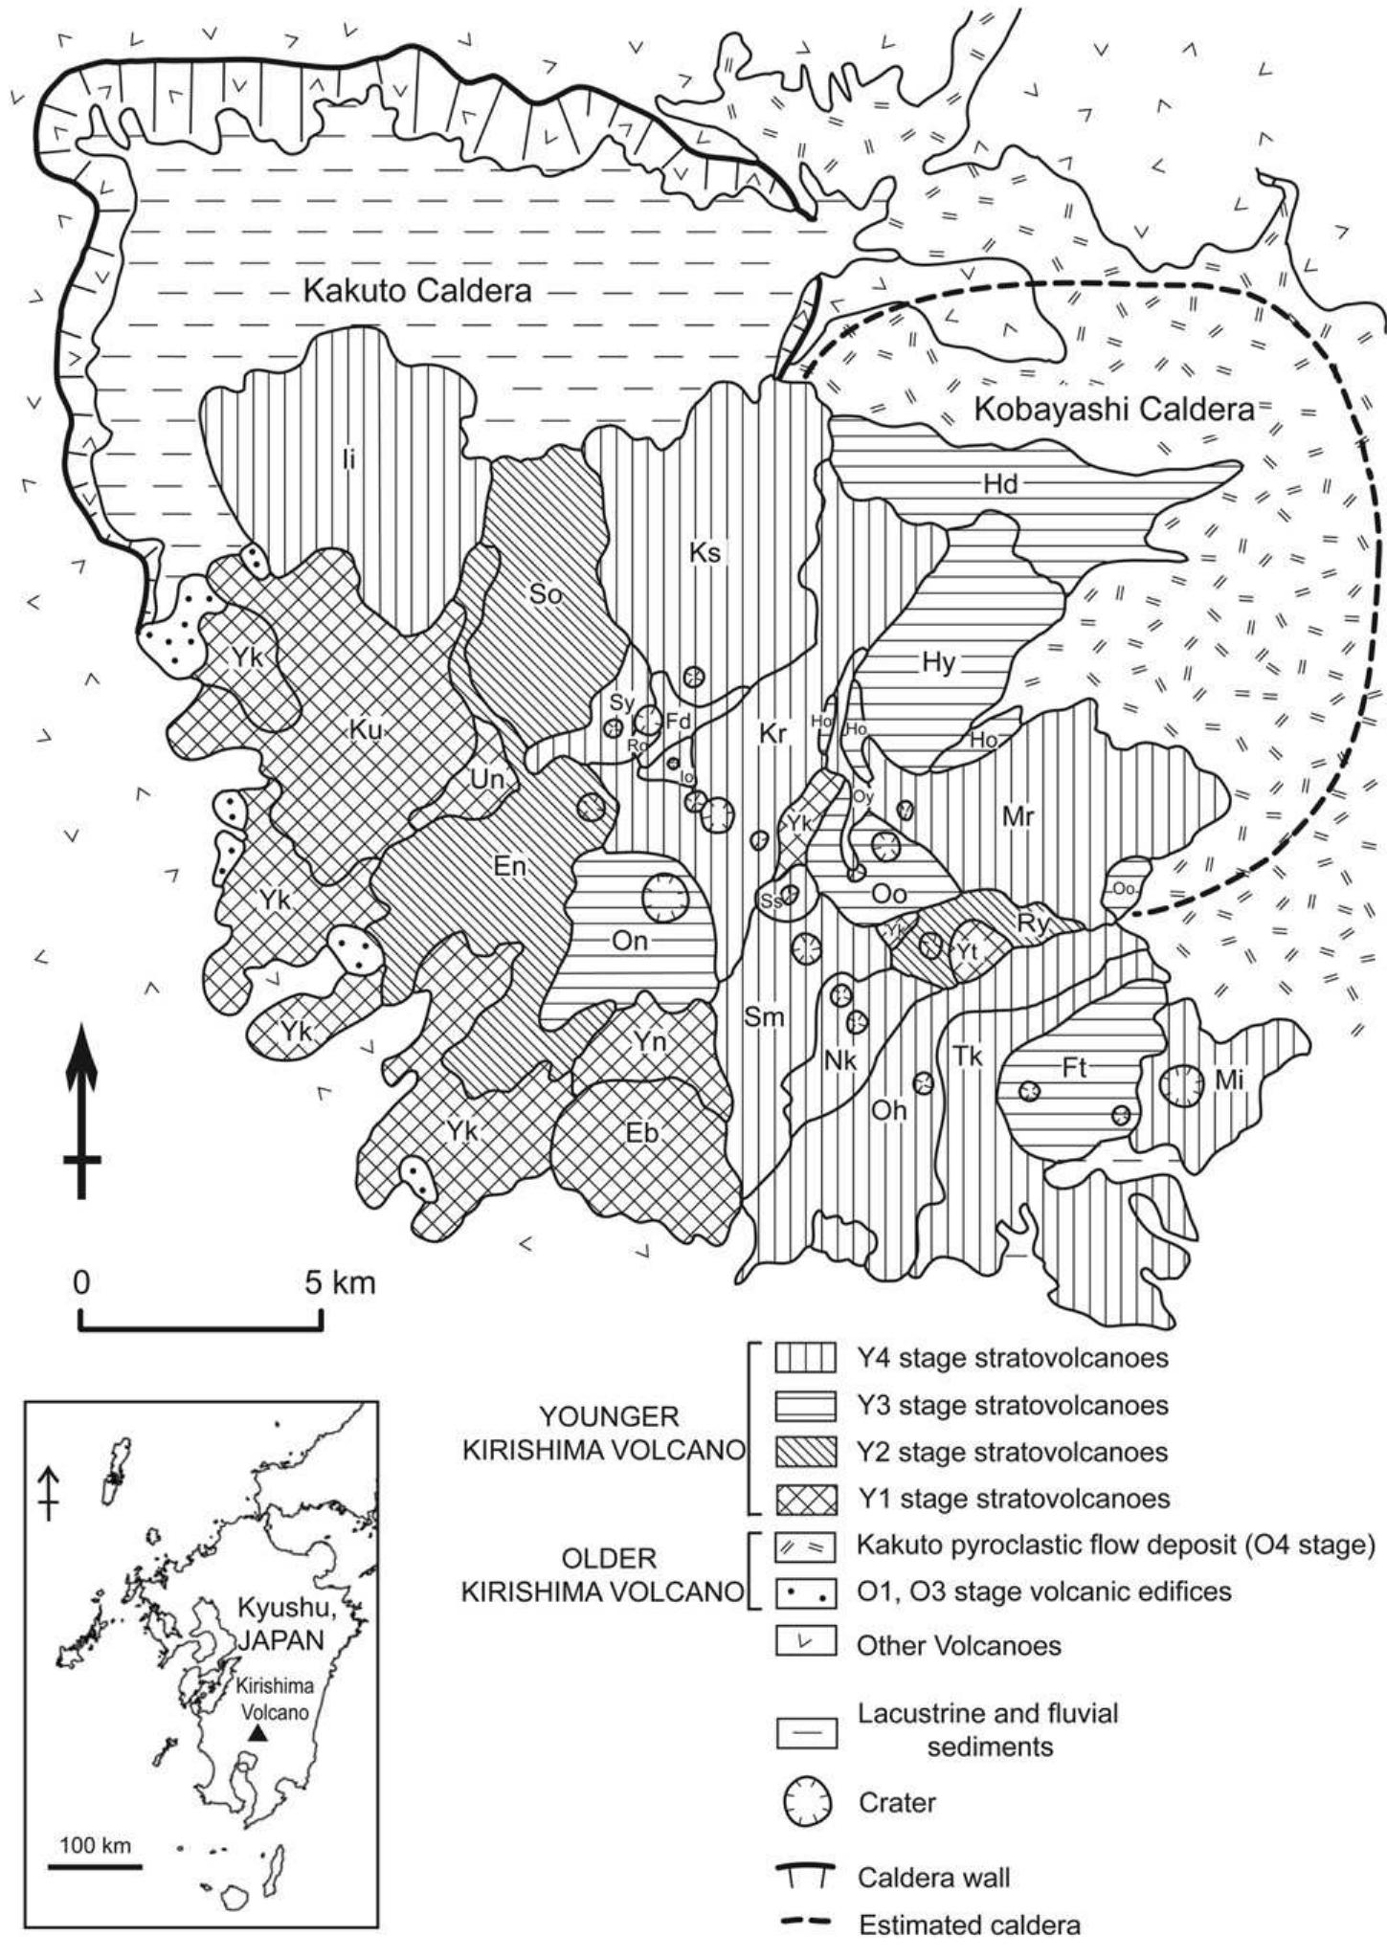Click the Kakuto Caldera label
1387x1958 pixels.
coord(416,291)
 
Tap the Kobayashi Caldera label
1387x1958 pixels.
coord(1113,411)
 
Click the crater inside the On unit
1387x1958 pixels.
coord(665,898)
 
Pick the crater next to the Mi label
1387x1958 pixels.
coord(1180,1085)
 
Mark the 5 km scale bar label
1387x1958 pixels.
coord(341,1281)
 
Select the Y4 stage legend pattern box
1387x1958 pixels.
coord(806,1358)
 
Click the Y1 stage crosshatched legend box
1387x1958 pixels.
coord(806,1498)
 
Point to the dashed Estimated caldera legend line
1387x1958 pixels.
coord(806,1925)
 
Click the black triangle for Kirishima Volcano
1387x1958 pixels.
coord(257,1733)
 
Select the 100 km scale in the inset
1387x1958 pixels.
coord(95,1845)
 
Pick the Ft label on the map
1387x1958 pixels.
coord(1074,1068)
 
